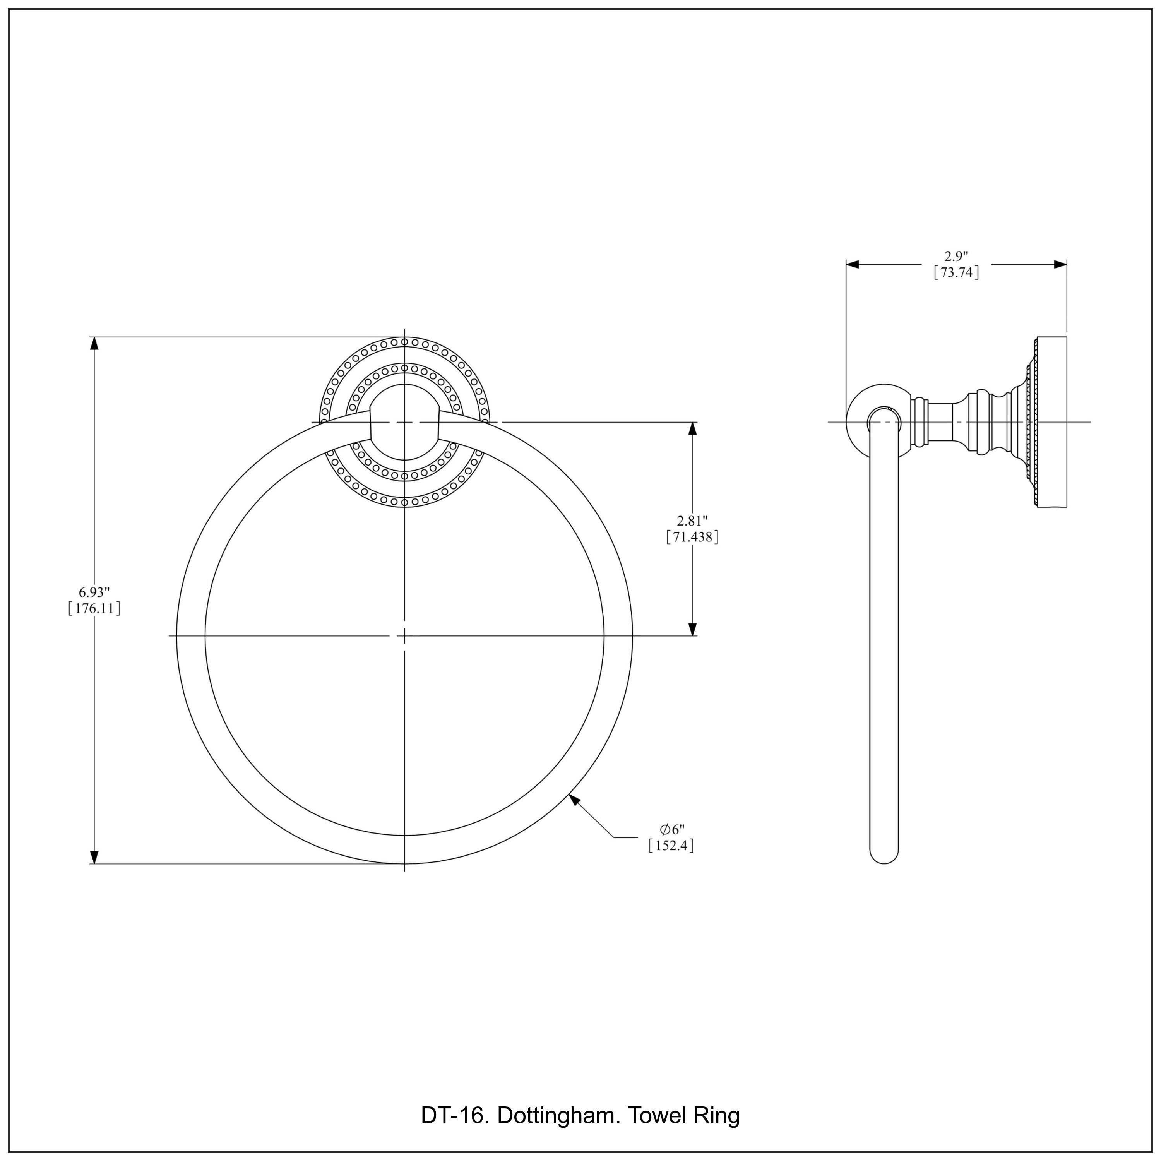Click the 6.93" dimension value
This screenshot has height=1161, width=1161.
[94, 592]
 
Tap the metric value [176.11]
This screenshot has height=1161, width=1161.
[94, 608]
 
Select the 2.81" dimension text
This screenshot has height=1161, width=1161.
[692, 521]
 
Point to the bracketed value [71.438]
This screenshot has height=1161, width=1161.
[692, 537]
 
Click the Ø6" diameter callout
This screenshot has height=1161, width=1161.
[672, 829]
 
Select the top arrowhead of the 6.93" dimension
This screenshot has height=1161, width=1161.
[94, 344]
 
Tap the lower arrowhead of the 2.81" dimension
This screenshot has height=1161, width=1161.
[692, 628]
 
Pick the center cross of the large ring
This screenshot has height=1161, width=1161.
[404, 635]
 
